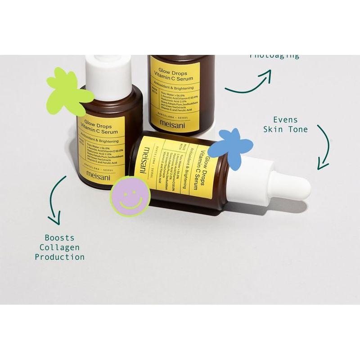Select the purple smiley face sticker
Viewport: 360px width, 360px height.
(130, 196)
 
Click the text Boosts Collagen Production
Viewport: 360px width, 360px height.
(60, 247)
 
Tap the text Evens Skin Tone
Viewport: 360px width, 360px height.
(291, 125)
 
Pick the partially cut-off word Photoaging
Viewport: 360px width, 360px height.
(274, 56)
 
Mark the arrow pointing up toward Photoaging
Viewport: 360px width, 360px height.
(250, 83)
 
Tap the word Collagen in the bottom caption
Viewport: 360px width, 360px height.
(60, 247)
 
